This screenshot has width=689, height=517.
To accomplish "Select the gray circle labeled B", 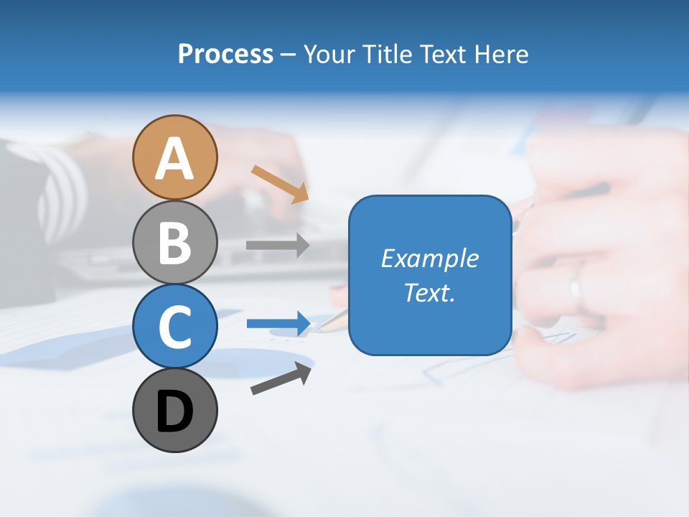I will pos(174,242).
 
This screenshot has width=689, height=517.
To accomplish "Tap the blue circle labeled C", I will pos(174,326).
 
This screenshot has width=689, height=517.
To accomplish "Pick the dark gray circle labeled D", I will pos(174,410).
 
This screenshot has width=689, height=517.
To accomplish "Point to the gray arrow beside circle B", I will pos(278,245).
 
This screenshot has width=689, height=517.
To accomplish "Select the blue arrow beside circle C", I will pos(278,324).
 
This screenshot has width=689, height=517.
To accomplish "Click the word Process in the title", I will pos(225,54).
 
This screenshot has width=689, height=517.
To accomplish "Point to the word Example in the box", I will pos(429,258).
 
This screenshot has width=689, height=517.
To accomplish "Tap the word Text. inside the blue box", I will pos(429,293).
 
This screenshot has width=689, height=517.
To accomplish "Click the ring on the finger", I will pos(576,292).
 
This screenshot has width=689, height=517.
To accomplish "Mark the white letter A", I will pos(174,159).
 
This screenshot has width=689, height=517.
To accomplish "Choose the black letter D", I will pos(174,413).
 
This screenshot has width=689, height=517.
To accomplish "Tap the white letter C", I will pos(174,327).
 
